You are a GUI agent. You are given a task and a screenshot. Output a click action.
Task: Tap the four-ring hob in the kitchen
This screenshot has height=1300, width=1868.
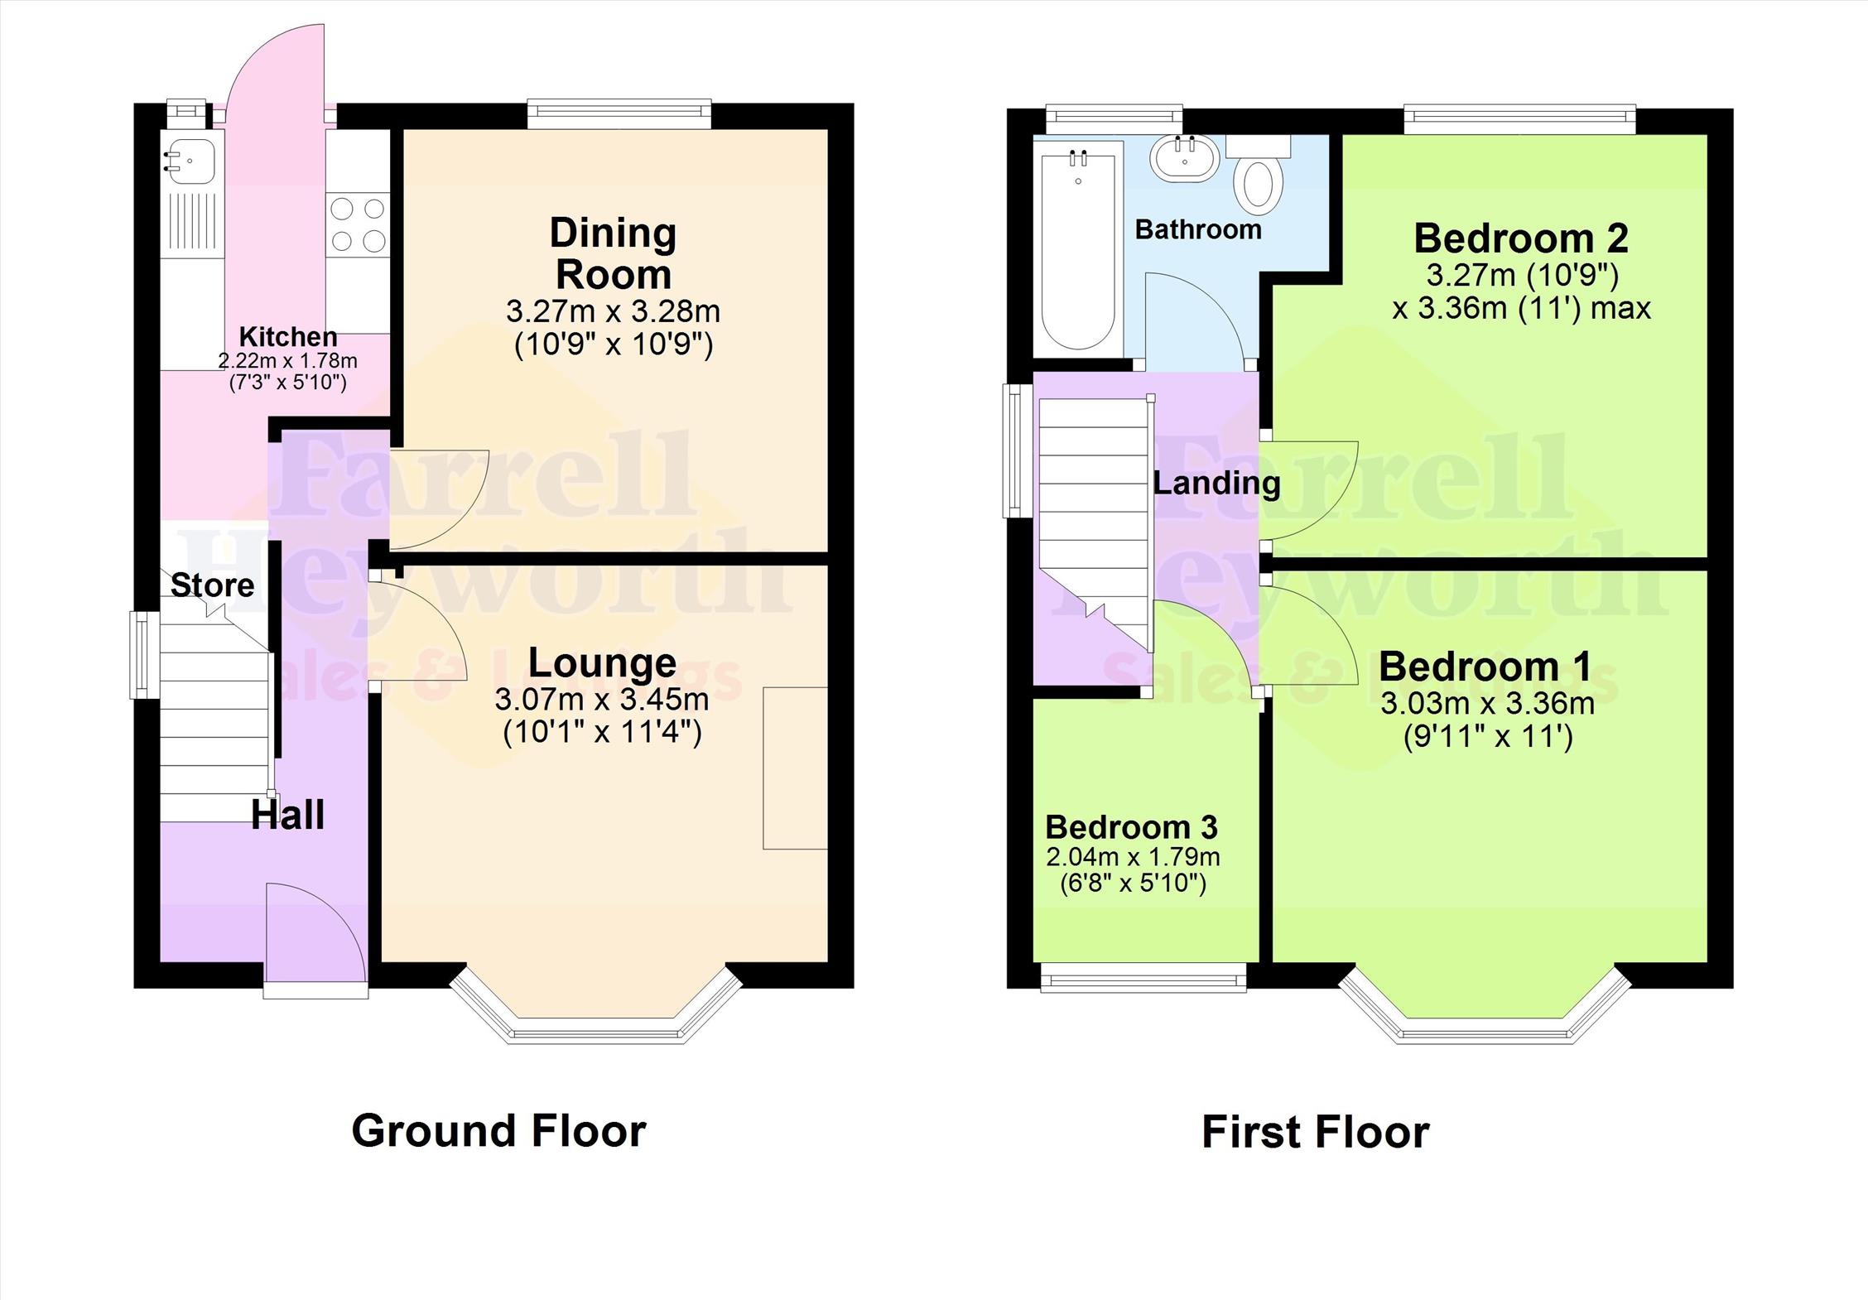coord(358,224)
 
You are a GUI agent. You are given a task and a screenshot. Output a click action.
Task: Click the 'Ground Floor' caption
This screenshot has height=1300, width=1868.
coord(498,1130)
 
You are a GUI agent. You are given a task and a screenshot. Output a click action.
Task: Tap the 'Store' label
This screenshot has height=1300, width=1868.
coord(212,585)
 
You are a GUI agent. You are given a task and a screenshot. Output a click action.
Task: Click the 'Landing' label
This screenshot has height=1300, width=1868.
coord(1216,483)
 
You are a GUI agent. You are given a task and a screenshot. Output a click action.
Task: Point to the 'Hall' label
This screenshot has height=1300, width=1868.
coord(287,815)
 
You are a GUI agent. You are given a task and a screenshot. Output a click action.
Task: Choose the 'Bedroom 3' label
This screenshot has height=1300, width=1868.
coord(1131,826)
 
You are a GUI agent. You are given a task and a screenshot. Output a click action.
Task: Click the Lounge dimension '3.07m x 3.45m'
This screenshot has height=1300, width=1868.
coord(602,700)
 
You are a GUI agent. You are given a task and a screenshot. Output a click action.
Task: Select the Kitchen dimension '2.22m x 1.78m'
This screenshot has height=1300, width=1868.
coord(287,361)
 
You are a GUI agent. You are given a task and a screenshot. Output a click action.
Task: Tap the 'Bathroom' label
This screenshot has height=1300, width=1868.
coord(1198,229)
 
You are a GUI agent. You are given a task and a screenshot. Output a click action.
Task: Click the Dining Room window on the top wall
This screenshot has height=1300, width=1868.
coord(619,113)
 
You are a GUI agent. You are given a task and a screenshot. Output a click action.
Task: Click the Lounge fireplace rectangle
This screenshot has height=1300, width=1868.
coord(795,768)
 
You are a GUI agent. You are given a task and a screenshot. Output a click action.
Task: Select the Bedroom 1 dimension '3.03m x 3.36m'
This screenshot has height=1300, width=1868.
coord(1487,704)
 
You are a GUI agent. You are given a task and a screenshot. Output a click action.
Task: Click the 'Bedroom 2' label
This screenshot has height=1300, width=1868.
coord(1521,238)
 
